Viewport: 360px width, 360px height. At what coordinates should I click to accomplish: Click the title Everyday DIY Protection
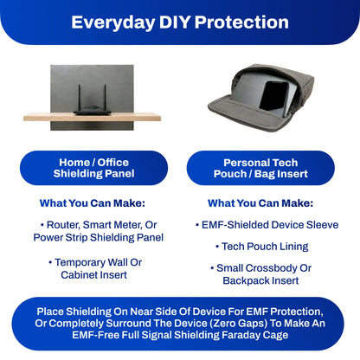180,22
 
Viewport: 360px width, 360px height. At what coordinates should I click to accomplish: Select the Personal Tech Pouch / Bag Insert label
260,168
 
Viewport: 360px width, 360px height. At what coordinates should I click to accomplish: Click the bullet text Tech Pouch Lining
260,247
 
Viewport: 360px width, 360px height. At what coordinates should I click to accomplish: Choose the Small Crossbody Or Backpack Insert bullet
260,274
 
